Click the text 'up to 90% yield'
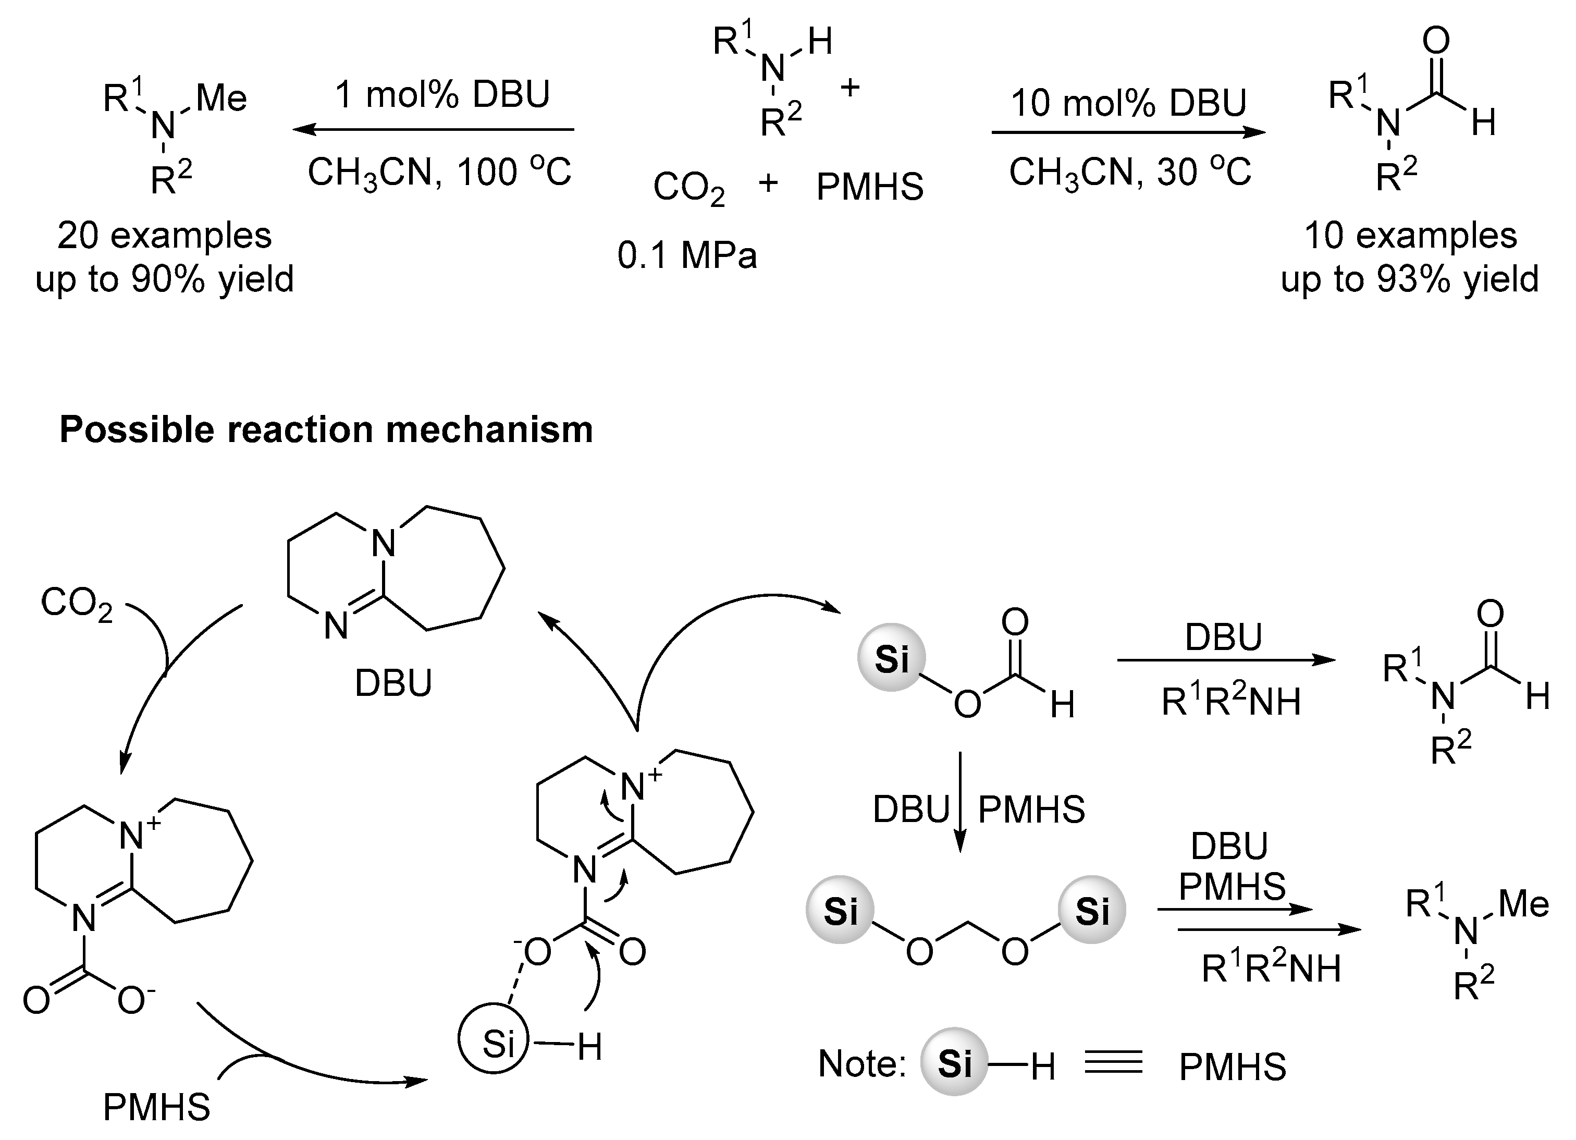point(165,279)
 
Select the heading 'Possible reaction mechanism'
point(326,429)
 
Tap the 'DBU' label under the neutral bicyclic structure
point(393,683)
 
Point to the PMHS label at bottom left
point(156,1107)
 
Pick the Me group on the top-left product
point(221,98)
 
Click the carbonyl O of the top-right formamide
point(1436,40)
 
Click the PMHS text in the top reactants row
point(869,187)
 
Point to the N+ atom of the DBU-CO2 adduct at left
point(132,836)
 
